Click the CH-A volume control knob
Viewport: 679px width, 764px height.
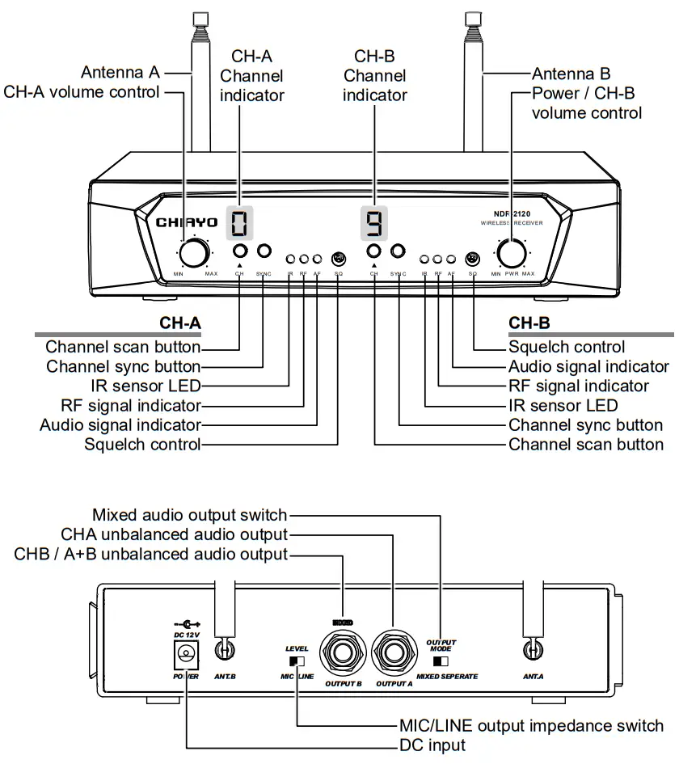[192, 253]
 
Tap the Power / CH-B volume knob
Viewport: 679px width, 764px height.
[512, 253]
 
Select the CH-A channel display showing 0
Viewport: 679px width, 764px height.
[240, 221]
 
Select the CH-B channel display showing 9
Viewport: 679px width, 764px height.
[373, 221]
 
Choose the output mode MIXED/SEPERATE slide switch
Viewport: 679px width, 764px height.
[441, 661]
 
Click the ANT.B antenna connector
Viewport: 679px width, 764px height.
[226, 649]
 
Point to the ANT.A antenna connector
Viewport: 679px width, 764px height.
[532, 649]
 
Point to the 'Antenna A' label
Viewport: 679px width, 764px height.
[120, 73]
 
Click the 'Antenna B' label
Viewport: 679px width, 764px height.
[571, 74]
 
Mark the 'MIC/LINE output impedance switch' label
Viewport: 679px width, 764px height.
[531, 725]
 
